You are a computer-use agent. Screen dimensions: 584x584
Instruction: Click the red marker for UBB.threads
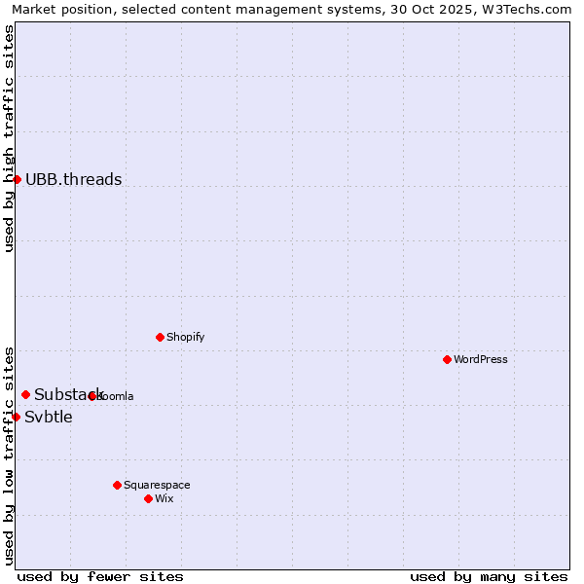pyautogui.click(x=17, y=179)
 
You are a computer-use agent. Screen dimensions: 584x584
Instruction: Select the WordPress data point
pyautogui.click(x=447, y=359)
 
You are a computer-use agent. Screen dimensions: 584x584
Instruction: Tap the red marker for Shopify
pyautogui.click(x=160, y=337)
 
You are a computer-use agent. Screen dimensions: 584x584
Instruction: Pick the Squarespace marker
pyautogui.click(x=117, y=485)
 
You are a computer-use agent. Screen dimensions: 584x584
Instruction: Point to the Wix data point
pyautogui.click(x=148, y=498)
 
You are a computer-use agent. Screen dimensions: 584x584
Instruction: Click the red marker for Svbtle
pyautogui.click(x=16, y=417)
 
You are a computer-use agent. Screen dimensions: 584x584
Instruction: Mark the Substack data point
pyautogui.click(x=25, y=394)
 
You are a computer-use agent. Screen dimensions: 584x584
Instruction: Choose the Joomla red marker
pyautogui.click(x=92, y=396)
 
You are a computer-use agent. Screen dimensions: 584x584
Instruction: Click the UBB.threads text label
pyautogui.click(x=74, y=179)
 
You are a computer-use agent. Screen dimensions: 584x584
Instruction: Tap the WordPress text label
pyautogui.click(x=481, y=359)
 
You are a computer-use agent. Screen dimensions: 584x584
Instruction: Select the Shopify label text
pyautogui.click(x=185, y=337)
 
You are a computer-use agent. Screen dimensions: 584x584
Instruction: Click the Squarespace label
pyautogui.click(x=157, y=485)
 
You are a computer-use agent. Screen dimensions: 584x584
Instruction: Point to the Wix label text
pyautogui.click(x=164, y=498)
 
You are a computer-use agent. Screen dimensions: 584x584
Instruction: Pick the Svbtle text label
pyautogui.click(x=49, y=417)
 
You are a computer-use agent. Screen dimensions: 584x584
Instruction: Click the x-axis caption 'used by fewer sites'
pyautogui.click(x=100, y=576)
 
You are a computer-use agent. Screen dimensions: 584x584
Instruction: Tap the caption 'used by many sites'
pyautogui.click(x=489, y=576)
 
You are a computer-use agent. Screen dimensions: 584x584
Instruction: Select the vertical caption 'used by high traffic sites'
pyautogui.click(x=9, y=138)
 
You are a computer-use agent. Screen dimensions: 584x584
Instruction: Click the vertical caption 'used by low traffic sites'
pyautogui.click(x=9, y=456)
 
